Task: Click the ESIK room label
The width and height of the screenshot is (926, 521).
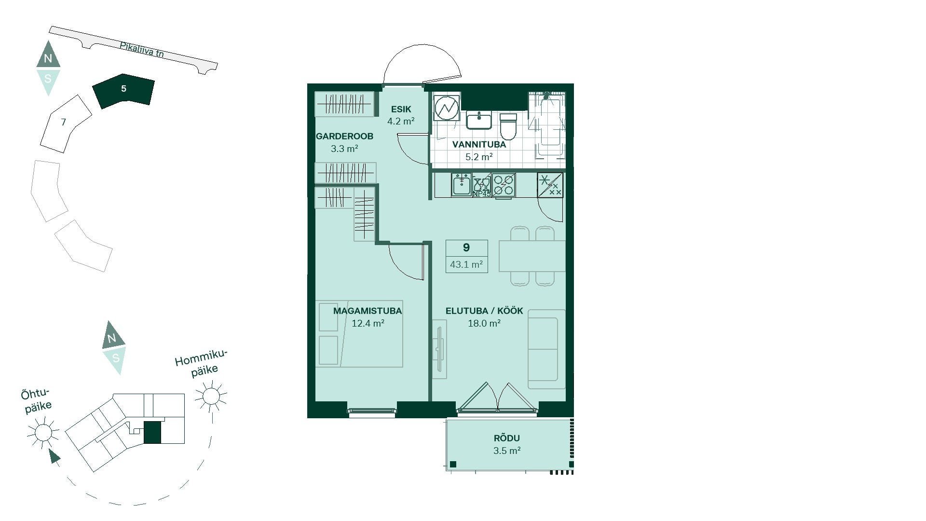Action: [401, 110]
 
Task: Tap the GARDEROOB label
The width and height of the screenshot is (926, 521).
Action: [344, 137]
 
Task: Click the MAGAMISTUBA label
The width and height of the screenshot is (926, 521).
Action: [368, 311]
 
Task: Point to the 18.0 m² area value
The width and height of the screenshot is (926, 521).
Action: [484, 323]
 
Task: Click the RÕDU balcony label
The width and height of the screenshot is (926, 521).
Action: [507, 438]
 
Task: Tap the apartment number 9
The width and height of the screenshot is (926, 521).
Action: [466, 247]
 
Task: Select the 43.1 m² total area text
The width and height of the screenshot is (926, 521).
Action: [466, 264]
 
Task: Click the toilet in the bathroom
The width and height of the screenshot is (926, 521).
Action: [508, 126]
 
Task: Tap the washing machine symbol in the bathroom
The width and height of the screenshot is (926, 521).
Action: [447, 108]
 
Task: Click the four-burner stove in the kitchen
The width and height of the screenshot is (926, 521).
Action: [504, 185]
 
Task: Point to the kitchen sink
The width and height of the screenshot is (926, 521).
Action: [462, 185]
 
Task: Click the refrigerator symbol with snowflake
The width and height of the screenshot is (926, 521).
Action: [550, 185]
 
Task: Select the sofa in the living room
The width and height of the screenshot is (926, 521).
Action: [546, 349]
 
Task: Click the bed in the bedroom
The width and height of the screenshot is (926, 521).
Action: [359, 334]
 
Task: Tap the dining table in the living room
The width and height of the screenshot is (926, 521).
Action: [532, 256]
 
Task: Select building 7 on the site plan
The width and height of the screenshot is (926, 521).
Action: [65, 123]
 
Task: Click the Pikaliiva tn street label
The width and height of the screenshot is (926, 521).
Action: [142, 50]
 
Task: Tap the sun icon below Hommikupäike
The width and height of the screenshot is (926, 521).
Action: [211, 396]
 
